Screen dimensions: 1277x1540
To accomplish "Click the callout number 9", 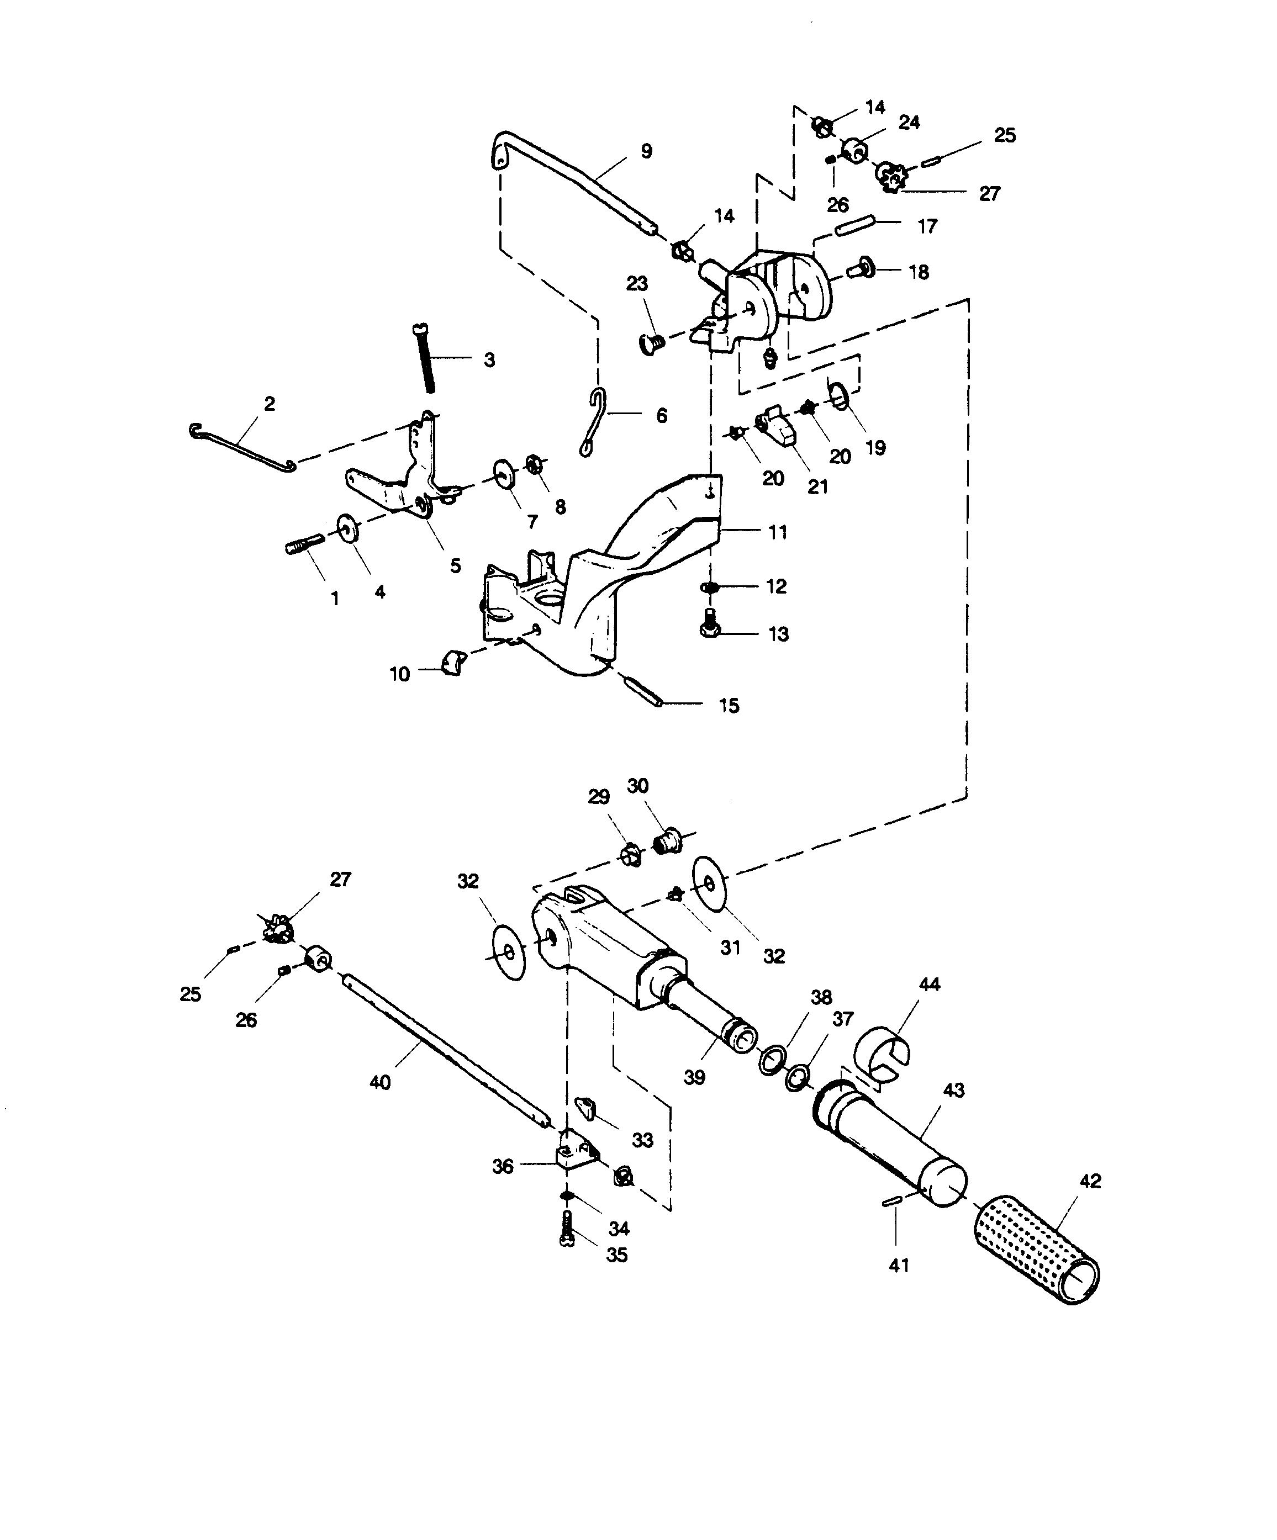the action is pyautogui.click(x=646, y=152).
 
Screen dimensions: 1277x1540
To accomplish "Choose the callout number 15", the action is pyautogui.click(x=729, y=706).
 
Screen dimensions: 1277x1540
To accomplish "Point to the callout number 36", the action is pyautogui.click(x=503, y=1166).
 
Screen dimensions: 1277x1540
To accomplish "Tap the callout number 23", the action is pyautogui.click(x=637, y=283).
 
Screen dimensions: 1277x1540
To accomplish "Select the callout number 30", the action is pyautogui.click(x=637, y=786).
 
